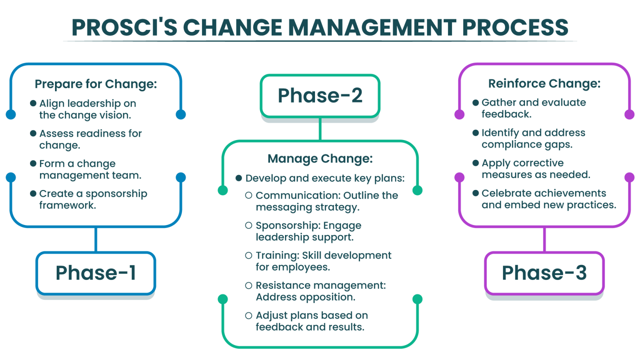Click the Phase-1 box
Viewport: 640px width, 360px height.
pyautogui.click(x=96, y=273)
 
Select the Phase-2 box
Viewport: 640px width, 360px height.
pyautogui.click(x=320, y=96)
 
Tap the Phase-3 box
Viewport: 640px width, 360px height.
pyautogui.click(x=544, y=273)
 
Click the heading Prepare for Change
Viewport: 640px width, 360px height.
pyautogui.click(x=96, y=84)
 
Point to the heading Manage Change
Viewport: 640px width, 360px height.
pyautogui.click(x=320, y=159)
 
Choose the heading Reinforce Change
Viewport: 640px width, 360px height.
pyautogui.click(x=544, y=84)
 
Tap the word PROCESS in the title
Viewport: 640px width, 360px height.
pyautogui.click(x=515, y=27)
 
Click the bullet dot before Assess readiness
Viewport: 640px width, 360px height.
pyautogui.click(x=33, y=133)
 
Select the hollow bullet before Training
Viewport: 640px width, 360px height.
pyautogui.click(x=249, y=255)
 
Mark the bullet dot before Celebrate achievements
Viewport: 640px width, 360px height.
pyautogui.click(x=475, y=193)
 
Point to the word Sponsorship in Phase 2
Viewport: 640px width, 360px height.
pyautogui.click(x=281, y=225)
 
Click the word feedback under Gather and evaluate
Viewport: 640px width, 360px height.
pyautogui.click(x=506, y=114)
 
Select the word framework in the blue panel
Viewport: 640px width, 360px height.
pyautogui.click(x=67, y=205)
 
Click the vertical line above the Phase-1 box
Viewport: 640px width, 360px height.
pyautogui.click(x=96, y=239)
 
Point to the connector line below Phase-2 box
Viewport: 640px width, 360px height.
pyautogui.click(x=320, y=129)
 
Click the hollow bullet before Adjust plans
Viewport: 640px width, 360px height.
pyautogui.click(x=249, y=315)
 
